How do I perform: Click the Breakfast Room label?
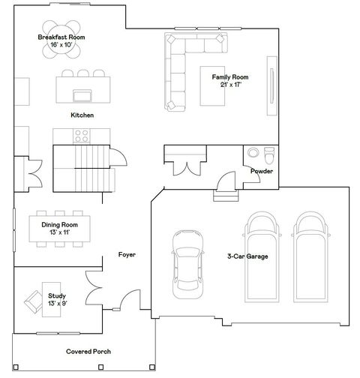tap(61, 37)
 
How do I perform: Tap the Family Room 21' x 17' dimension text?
tap(231, 85)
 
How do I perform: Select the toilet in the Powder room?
tap(269, 155)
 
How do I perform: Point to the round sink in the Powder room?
tap(253, 152)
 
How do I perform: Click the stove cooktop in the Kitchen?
tap(82, 136)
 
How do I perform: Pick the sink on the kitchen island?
tap(82, 95)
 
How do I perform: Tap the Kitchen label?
tap(82, 115)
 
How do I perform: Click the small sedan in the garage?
tap(187, 264)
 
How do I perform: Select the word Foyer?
tap(127, 255)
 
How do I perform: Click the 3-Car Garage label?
tap(247, 256)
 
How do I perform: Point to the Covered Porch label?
tap(88, 352)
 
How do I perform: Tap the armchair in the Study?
tap(34, 301)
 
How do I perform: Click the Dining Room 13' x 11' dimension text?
tap(60, 232)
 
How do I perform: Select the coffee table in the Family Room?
tap(212, 86)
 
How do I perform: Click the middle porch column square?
tap(100, 367)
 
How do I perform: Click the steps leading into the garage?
tap(226, 196)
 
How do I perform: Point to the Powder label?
tap(262, 171)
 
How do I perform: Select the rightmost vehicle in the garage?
tap(310, 257)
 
